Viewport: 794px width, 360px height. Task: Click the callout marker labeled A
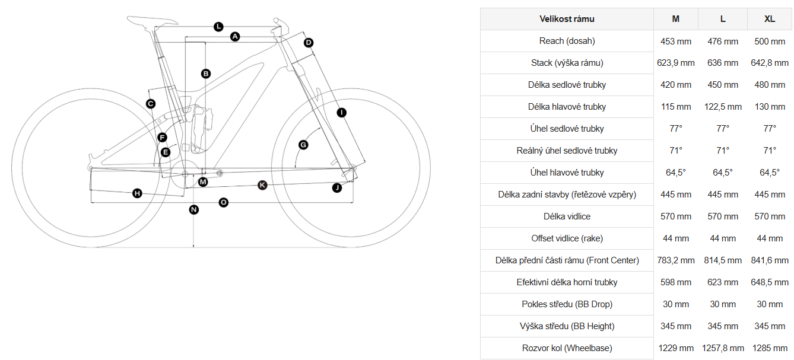pyautogui.click(x=235, y=37)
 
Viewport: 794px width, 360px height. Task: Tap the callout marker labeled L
pyautogui.click(x=218, y=27)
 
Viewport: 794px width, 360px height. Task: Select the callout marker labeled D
pyautogui.click(x=309, y=43)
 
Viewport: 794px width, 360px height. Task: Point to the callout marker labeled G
pyautogui.click(x=303, y=145)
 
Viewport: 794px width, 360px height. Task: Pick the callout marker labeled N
pyautogui.click(x=193, y=209)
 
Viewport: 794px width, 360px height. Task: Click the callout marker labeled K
pyautogui.click(x=262, y=186)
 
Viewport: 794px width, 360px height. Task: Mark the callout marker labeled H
pyautogui.click(x=137, y=193)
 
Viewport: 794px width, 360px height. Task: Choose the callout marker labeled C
pyautogui.click(x=151, y=104)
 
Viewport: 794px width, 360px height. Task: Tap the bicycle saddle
pyautogui.click(x=142, y=21)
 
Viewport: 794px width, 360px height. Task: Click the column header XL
pyautogui.click(x=770, y=19)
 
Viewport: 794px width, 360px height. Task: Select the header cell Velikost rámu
pyautogui.click(x=567, y=19)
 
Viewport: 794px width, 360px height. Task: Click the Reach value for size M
pyautogui.click(x=676, y=41)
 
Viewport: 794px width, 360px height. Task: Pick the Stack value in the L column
pyautogui.click(x=723, y=63)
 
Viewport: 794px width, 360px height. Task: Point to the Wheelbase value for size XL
pyautogui.click(x=770, y=348)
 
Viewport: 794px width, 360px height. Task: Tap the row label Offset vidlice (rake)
pyautogui.click(x=567, y=238)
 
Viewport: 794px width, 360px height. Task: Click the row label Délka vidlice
pyautogui.click(x=567, y=216)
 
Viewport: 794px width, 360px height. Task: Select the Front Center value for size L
pyautogui.click(x=723, y=260)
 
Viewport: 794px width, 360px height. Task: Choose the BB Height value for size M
pyautogui.click(x=676, y=326)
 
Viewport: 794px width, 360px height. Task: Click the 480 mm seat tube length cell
pyautogui.click(x=770, y=85)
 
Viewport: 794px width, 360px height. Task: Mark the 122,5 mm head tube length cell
pyautogui.click(x=723, y=107)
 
